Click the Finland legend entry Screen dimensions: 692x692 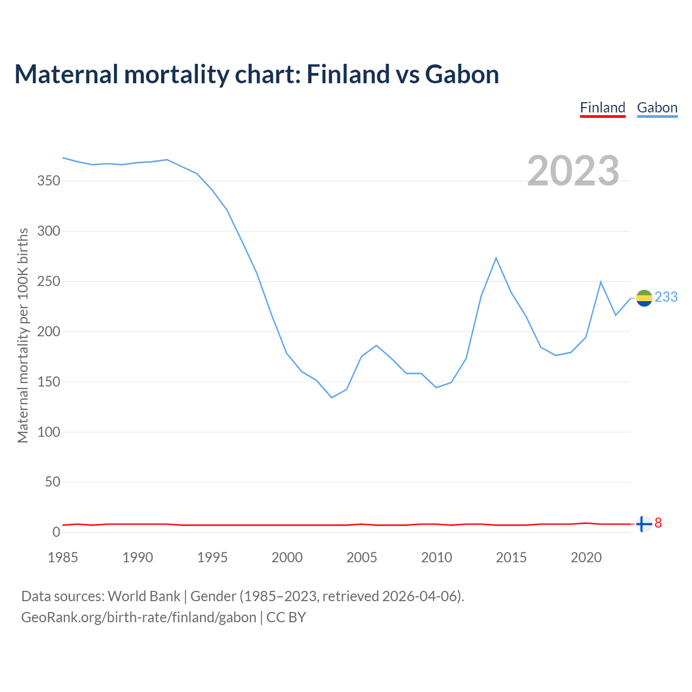click(602, 108)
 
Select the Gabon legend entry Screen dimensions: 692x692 click(657, 108)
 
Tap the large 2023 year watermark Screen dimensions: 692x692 click(573, 171)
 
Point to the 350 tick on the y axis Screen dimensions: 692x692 click(48, 181)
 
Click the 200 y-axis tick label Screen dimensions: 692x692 click(48, 331)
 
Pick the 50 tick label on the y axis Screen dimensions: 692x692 click(52, 482)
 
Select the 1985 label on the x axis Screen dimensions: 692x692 click(63, 557)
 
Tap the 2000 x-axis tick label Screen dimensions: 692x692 click(287, 557)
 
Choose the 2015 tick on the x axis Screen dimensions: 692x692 click(511, 557)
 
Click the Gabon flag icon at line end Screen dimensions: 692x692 click(644, 298)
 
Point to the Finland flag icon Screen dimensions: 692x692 click(643, 524)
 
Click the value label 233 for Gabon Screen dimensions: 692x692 click(666, 297)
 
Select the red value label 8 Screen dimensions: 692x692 click(658, 523)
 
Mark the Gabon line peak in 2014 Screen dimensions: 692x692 click(496, 258)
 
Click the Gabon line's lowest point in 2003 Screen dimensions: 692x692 click(331, 397)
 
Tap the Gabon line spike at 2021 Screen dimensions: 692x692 click(601, 282)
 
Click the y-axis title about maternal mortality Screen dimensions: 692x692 click(23, 335)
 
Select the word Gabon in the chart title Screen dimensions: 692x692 click(462, 74)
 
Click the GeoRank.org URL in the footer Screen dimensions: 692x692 click(138, 617)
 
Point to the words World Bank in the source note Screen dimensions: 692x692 click(144, 596)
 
